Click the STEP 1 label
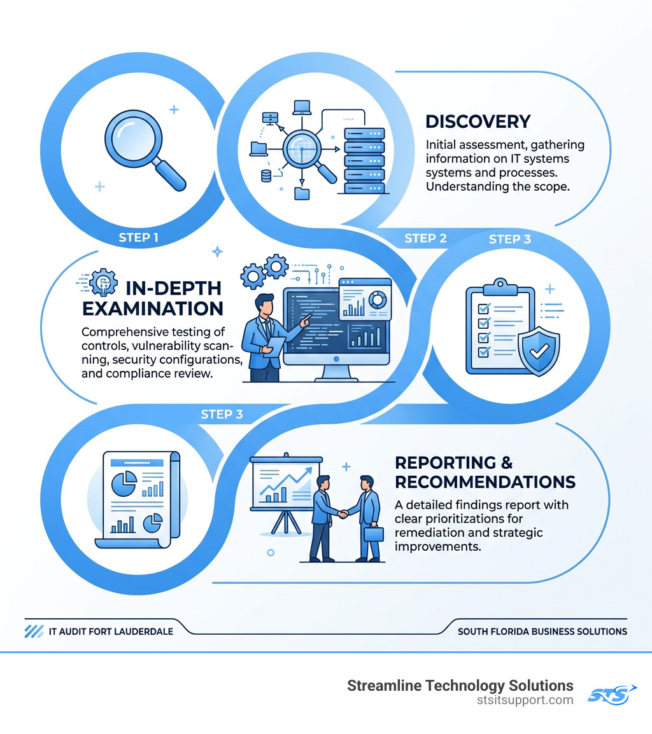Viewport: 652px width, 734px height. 138,238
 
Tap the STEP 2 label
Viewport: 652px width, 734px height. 425,239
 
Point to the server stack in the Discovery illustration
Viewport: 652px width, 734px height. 364,159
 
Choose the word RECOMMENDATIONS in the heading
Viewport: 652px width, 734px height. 485,481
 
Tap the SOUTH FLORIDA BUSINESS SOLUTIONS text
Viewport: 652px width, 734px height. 542,632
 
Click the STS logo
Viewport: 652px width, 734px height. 611,693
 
